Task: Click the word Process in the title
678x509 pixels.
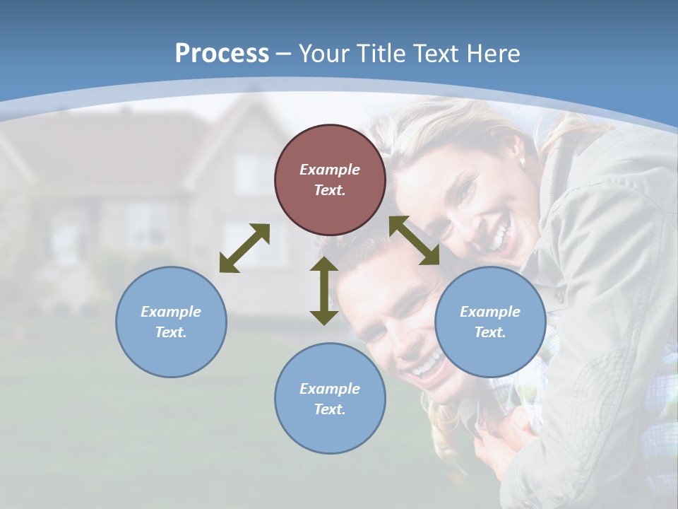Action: pos(222,54)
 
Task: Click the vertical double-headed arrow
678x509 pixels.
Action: pos(324,291)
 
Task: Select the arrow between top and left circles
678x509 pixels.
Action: pos(244,248)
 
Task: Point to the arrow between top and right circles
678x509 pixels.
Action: pos(415,240)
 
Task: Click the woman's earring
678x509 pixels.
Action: pos(523,162)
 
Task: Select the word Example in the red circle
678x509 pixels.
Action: pos(330,170)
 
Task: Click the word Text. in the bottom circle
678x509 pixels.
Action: pos(330,409)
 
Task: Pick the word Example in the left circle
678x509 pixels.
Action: pos(171,312)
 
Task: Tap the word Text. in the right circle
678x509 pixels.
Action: pos(490,332)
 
